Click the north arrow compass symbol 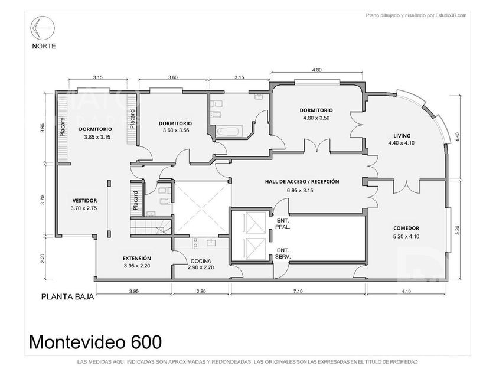click(x=43, y=28)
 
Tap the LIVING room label click(x=402, y=136)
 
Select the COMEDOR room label click(x=406, y=228)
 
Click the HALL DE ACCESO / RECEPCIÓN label click(x=302, y=182)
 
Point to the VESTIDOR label click(x=84, y=201)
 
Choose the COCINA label click(x=201, y=261)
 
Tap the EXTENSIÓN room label click(x=136, y=259)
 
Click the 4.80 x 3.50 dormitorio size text click(x=316, y=118)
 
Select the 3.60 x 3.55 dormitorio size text click(x=176, y=130)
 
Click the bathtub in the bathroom click(x=229, y=131)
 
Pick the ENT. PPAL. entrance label click(x=283, y=224)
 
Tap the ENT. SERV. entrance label click(x=283, y=253)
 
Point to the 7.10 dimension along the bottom click(x=298, y=291)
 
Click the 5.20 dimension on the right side click(x=457, y=230)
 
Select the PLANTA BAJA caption click(x=68, y=297)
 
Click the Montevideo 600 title click(x=96, y=342)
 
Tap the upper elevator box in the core click(x=255, y=223)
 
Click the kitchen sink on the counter click(x=211, y=242)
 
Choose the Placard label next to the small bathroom click(x=136, y=201)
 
